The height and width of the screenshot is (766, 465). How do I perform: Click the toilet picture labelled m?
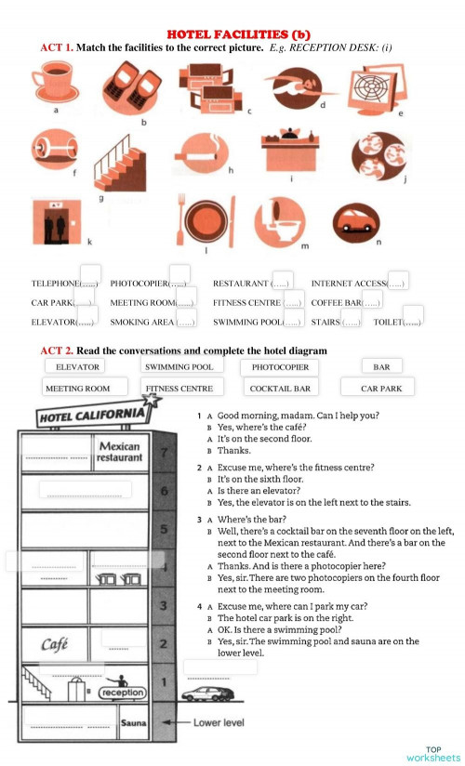(x=279, y=221)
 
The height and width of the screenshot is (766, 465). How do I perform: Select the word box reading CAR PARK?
(x=381, y=389)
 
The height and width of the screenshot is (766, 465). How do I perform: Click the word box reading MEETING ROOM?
(x=77, y=389)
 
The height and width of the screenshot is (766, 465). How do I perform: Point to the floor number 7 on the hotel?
(x=163, y=453)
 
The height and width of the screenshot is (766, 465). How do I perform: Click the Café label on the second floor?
(x=54, y=644)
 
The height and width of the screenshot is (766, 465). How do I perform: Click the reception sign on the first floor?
(x=122, y=693)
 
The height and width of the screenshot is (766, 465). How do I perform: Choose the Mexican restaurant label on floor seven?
(x=119, y=452)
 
